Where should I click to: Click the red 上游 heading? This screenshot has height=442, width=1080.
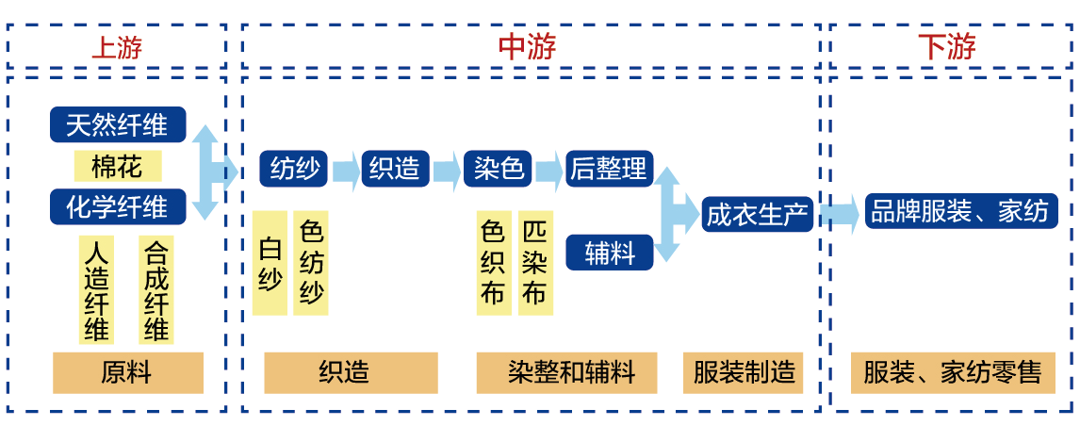tap(116, 47)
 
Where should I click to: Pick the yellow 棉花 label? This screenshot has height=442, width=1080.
tap(118, 167)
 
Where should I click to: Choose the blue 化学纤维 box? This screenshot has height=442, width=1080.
tap(118, 206)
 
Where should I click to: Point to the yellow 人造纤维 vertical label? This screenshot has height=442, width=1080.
tap(96, 290)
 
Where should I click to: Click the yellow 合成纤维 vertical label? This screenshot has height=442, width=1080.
tap(155, 290)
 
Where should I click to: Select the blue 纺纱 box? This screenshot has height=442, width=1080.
tap(294, 170)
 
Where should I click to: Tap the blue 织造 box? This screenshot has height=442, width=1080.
tap(395, 170)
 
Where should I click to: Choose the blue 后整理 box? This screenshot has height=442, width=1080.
tap(609, 170)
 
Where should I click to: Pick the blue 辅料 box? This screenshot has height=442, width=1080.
tap(609, 254)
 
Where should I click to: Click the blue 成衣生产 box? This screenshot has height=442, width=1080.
tap(758, 214)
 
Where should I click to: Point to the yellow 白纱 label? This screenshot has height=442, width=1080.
tap(270, 263)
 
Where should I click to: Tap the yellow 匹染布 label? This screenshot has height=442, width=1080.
tap(533, 263)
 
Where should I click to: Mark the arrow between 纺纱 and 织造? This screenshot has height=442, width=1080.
tap(346, 171)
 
